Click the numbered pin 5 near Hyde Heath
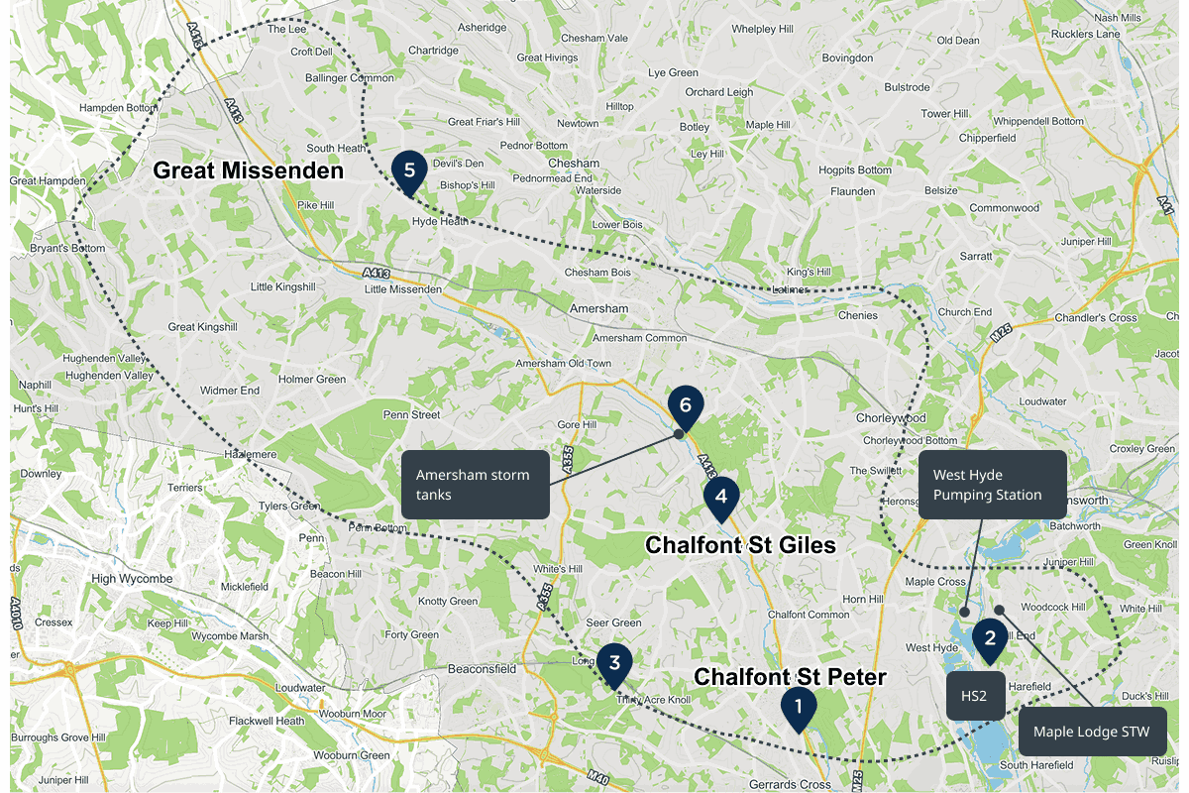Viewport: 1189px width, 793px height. pos(409,170)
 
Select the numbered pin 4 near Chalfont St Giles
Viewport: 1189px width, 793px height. pos(720,497)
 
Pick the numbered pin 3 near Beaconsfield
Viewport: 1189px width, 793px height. pos(614,663)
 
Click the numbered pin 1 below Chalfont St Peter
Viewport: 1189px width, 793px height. pos(798,707)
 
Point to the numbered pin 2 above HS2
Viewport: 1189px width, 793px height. pos(989,639)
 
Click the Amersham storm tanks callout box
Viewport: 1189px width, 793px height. pos(475,484)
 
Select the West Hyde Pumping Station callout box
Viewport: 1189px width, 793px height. pos(994,485)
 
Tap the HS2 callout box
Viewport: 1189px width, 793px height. pos(975,696)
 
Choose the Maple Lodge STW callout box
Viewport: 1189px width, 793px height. pos(1091,732)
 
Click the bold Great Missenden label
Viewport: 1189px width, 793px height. pos(248,170)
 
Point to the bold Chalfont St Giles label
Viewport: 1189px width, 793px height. pos(740,545)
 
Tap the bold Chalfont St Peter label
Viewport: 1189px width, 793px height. pos(790,676)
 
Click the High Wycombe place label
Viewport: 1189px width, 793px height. pos(132,579)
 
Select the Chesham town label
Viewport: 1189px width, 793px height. pos(574,164)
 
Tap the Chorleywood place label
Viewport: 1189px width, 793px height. pos(891,418)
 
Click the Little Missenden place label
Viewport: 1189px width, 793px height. pos(403,289)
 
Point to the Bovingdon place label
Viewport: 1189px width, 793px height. pos(847,58)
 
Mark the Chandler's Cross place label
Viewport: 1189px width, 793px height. pos(1095,317)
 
